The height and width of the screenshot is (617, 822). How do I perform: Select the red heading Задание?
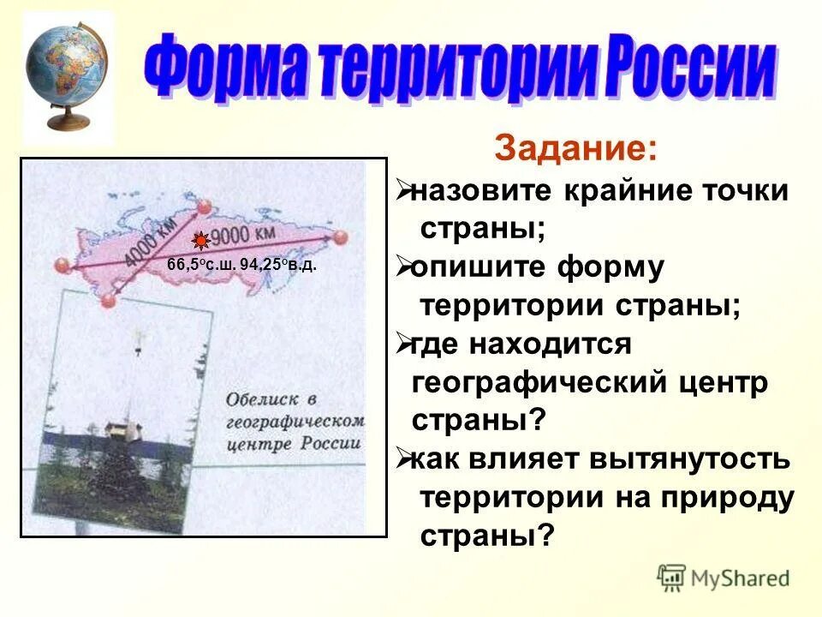576,150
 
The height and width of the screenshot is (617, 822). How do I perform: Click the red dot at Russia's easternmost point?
341,237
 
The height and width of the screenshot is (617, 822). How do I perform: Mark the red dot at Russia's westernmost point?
60,265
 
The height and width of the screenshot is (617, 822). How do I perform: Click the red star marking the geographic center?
199,241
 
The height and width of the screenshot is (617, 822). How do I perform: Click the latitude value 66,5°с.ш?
202,266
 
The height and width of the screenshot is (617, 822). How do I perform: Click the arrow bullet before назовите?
403,192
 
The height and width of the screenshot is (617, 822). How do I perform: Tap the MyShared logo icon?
672,578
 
